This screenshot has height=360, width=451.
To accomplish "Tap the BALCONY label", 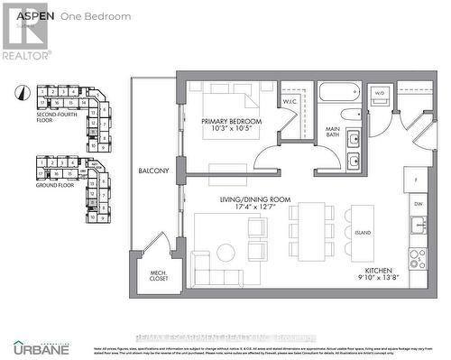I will click(x=153, y=171).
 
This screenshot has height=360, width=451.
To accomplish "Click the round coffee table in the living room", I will click(x=225, y=252).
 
